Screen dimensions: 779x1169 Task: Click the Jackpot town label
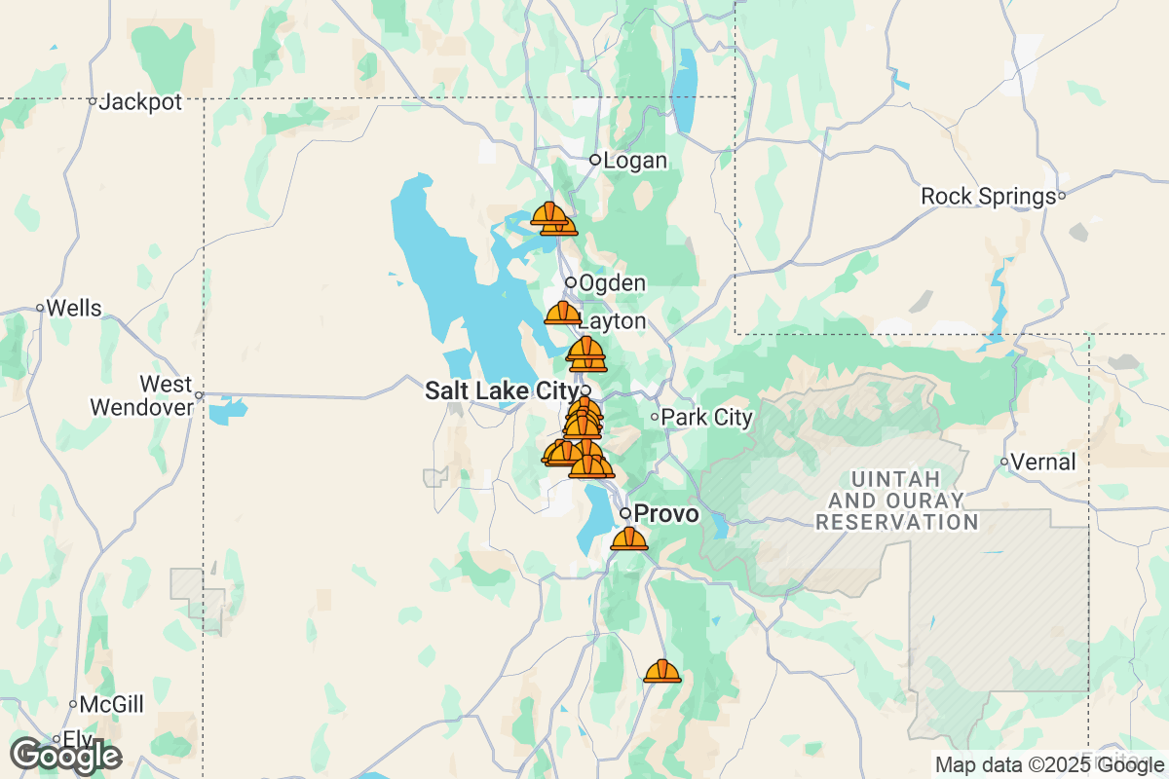141,101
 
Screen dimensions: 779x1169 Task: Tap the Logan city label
635,161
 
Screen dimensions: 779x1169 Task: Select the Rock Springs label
988,197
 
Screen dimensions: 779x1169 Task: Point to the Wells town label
74,309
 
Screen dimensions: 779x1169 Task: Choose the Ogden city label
612,283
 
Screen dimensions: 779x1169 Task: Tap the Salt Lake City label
502,391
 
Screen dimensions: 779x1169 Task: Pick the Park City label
706,418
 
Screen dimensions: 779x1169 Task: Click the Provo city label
666,513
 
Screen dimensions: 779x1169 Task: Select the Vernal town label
1044,462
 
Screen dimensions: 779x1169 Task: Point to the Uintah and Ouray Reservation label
896,501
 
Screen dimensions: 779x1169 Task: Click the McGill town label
112,704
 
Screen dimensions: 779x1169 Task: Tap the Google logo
66,755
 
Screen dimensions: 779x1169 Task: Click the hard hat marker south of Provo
629,538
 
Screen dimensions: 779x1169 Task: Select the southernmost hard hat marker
662,671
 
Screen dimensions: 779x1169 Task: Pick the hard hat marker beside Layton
563,313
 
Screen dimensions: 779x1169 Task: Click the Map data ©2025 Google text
1048,764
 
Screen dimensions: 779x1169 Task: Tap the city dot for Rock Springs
1062,196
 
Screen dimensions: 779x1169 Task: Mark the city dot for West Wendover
199,395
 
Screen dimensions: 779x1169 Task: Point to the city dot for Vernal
1004,462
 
